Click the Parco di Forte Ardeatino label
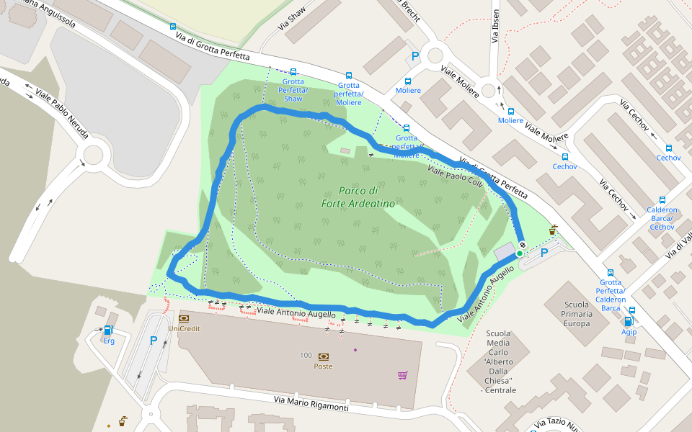pyautogui.click(x=358, y=197)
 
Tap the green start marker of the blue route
pyautogui.click(x=519, y=253)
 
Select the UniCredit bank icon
pyautogui.click(x=183, y=318)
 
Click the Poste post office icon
pyautogui.click(x=323, y=356)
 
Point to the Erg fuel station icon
pyautogui.click(x=108, y=330)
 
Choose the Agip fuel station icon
pyautogui.click(x=629, y=321)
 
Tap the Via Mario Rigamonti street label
pyautogui.click(x=311, y=403)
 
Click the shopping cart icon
pyautogui.click(x=402, y=374)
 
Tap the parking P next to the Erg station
pyautogui.click(x=154, y=341)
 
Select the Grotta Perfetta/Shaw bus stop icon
pyautogui.click(x=293, y=72)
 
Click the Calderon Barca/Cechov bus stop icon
pyautogui.click(x=662, y=200)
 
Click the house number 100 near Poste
pyautogui.click(x=306, y=356)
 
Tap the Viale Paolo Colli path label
pyautogui.click(x=454, y=176)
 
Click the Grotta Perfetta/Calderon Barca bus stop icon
pyautogui.click(x=611, y=273)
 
